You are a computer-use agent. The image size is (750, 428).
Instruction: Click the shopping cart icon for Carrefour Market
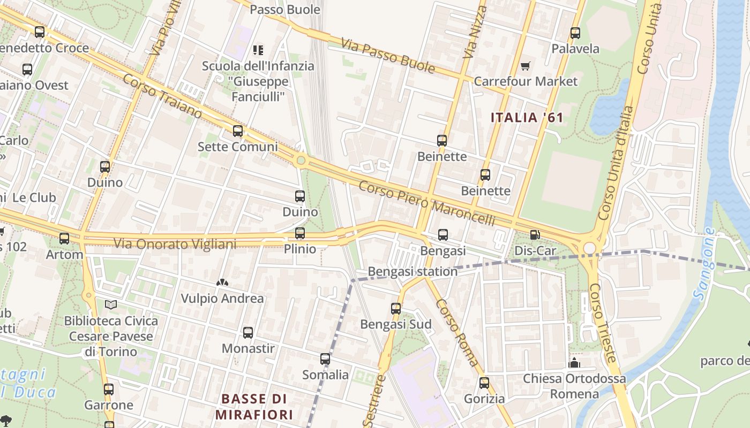[525, 66]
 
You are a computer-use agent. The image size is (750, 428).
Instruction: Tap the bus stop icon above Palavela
[575, 33]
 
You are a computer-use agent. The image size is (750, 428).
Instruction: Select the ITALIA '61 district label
[527, 118]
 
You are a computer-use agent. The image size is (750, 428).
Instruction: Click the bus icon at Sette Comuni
[238, 131]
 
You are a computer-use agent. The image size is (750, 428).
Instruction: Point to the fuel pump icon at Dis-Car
[534, 235]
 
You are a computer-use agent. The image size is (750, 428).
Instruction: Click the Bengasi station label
[412, 271]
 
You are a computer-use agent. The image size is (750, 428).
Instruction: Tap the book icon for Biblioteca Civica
[111, 305]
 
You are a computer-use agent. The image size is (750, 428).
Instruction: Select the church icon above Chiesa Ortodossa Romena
[574, 363]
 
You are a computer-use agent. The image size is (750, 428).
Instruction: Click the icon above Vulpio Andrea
[222, 282]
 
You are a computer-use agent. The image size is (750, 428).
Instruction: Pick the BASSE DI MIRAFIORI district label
[254, 407]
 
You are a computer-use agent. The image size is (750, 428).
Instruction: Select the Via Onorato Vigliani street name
[175, 244]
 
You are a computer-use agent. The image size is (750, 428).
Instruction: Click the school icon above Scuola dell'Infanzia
[258, 50]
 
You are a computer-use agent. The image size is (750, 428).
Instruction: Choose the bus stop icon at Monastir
[248, 333]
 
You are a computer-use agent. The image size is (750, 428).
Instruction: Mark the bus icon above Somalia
[325, 359]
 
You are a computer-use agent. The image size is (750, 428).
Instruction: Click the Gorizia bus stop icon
[484, 383]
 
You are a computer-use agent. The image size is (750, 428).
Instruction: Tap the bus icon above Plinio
[300, 233]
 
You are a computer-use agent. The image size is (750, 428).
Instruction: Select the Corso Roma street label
[457, 333]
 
